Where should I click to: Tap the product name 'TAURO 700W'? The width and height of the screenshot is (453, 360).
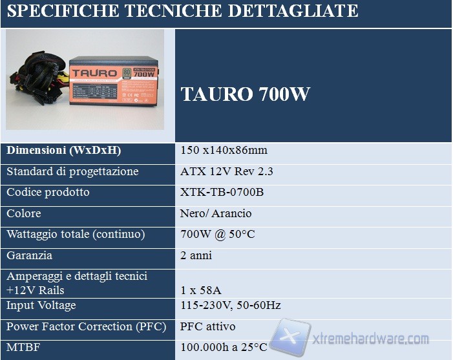[x=245, y=94]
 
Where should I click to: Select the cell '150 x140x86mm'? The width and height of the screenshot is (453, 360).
[x=224, y=151]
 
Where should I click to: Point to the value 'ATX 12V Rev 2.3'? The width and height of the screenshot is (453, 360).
[x=227, y=172]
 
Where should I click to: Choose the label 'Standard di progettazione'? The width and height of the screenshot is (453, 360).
[x=72, y=172]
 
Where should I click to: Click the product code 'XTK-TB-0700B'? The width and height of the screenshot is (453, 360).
[x=222, y=193]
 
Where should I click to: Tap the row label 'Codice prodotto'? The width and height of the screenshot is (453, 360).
[x=48, y=193]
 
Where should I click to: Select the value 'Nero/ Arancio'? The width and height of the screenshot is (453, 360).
[x=216, y=213]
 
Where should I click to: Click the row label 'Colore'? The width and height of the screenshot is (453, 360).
[x=23, y=213]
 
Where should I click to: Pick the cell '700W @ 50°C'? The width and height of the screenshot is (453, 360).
[x=218, y=234]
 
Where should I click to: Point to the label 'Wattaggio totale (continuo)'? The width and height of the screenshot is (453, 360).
[x=76, y=234]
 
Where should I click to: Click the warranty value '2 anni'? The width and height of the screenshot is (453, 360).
[x=196, y=255]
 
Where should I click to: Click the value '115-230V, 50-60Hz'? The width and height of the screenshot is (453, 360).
[x=231, y=305]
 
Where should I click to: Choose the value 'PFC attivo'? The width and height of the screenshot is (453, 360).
[x=207, y=326]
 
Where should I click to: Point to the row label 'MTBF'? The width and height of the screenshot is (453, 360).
[x=23, y=347]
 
